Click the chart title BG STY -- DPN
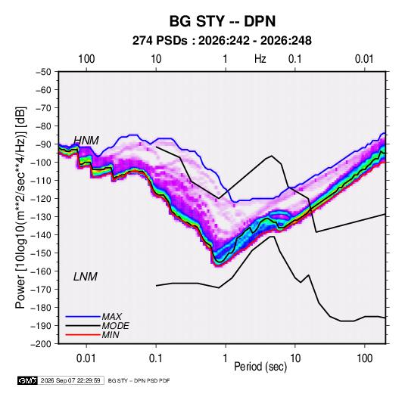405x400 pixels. [223, 21]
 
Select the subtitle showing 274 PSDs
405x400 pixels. [222, 41]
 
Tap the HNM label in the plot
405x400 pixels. [86, 141]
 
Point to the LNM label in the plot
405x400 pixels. [86, 277]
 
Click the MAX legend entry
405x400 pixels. [111, 316]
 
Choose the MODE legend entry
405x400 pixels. [115, 326]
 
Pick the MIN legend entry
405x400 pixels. [111, 335]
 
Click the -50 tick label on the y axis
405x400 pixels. [43, 72]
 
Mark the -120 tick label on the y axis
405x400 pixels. [42, 199]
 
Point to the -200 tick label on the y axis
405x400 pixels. [42, 344]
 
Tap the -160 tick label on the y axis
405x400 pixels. [42, 271]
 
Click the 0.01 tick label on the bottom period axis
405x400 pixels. [86, 358]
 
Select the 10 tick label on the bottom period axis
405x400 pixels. [295, 358]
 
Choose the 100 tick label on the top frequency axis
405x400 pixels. [86, 59]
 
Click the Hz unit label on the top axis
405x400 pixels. [260, 59]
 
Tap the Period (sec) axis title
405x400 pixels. [260, 367]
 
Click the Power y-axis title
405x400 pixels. [20, 208]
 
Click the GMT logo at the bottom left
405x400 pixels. [27, 380]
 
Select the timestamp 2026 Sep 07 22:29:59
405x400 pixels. [70, 380]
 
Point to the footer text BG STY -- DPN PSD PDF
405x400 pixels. [139, 380]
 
